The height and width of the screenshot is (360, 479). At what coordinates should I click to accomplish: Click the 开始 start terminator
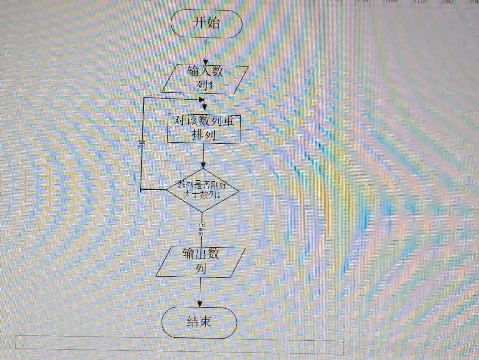(206, 24)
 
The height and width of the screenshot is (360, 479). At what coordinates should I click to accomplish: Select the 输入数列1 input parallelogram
(205, 79)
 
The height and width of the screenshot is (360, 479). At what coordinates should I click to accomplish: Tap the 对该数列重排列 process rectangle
(204, 129)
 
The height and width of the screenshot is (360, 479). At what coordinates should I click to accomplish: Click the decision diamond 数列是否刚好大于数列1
(202, 190)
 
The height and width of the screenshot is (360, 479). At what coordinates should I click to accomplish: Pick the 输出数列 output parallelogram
(201, 262)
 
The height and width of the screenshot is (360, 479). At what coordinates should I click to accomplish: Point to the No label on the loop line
(142, 144)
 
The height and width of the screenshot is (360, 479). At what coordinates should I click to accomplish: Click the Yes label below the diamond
(201, 229)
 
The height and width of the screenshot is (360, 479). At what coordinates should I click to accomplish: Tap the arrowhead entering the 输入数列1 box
(206, 62)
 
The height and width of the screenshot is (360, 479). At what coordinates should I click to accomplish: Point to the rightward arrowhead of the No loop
(201, 99)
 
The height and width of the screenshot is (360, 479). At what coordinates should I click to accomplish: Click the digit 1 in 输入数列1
(210, 86)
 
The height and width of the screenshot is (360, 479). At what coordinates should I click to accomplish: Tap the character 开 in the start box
(199, 23)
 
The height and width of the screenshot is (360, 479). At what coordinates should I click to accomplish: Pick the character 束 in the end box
(205, 322)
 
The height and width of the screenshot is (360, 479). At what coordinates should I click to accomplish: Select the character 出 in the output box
(201, 254)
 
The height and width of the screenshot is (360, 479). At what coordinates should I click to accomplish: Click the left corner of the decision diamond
(166, 190)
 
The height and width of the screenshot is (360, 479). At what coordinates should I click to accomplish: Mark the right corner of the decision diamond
(239, 191)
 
